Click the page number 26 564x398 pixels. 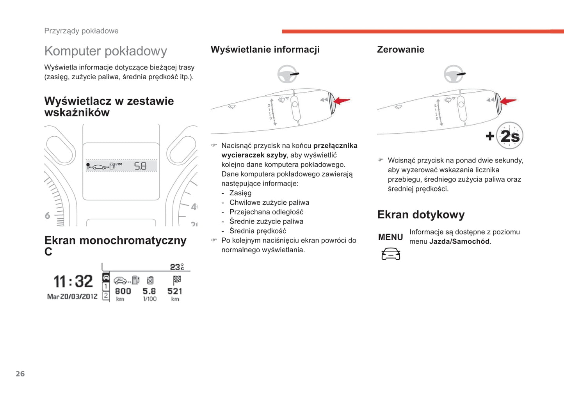coord(20,374)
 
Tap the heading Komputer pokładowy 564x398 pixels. coord(105,51)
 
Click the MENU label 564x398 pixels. coord(390,237)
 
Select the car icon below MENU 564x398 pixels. coord(391,254)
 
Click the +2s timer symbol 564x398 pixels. coord(505,136)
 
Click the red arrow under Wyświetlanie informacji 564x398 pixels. coord(342,101)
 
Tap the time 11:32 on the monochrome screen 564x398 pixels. coord(73,281)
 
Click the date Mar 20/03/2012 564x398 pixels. coord(72,296)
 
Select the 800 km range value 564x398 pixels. coord(123,291)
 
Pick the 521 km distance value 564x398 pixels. coord(175,291)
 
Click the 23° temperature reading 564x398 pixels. coord(177,267)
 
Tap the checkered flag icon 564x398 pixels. coord(177,280)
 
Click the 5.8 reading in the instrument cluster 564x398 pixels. coord(141,166)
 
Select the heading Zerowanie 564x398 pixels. coord(400,50)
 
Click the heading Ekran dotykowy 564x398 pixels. coord(421,214)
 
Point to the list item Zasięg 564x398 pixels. coord(240,193)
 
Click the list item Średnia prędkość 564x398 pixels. coord(258,231)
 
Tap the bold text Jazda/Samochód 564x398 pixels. coord(459,241)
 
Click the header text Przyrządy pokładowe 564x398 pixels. coord(81,31)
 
